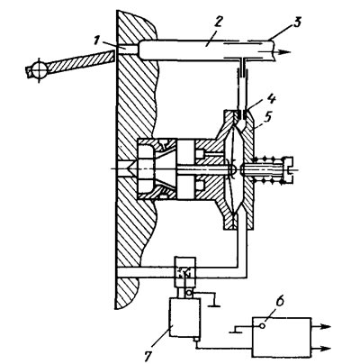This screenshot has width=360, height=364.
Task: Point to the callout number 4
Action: [x=271, y=100]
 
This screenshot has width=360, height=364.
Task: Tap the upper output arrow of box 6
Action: [x=321, y=327]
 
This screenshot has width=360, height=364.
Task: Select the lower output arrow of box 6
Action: [x=321, y=349]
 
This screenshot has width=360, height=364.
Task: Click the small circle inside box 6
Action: [x=262, y=326]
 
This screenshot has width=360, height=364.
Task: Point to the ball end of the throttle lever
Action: [x=39, y=70]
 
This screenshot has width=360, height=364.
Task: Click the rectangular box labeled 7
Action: [x=184, y=318]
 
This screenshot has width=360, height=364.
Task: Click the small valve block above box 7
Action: [x=186, y=272]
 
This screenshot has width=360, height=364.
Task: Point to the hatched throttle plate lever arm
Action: [x=80, y=62]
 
